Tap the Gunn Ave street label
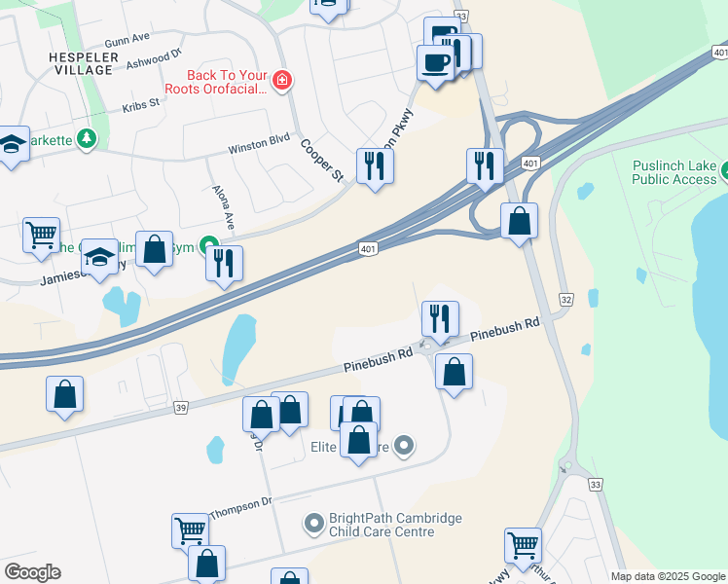[127, 39]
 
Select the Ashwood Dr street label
[154, 61]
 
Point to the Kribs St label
[140, 105]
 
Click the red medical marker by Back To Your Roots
[282, 80]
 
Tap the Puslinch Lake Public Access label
[673, 172]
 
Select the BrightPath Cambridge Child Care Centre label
[395, 526]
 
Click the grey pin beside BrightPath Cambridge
[313, 525]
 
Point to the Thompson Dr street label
[239, 505]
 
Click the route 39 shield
[181, 409]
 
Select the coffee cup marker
[434, 64]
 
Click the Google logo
[32, 572]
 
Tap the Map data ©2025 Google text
[667, 576]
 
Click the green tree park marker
[88, 139]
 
